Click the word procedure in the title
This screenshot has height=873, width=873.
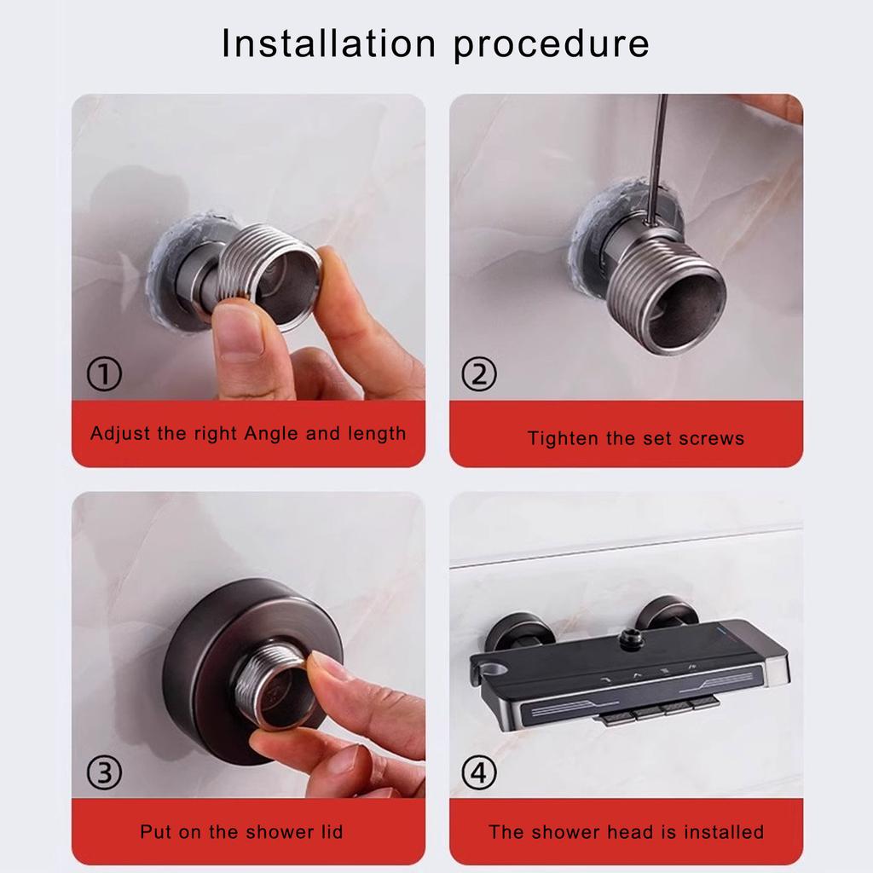552,45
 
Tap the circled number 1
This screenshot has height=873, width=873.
105,374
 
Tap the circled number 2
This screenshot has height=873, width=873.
478,373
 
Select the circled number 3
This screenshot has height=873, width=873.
105,773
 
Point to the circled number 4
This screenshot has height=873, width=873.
478,773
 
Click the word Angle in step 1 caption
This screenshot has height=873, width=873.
271,433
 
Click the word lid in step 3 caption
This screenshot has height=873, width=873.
328,831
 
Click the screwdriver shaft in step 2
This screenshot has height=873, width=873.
656,162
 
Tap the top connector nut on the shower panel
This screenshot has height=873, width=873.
631,635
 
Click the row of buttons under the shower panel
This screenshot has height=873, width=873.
656,709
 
